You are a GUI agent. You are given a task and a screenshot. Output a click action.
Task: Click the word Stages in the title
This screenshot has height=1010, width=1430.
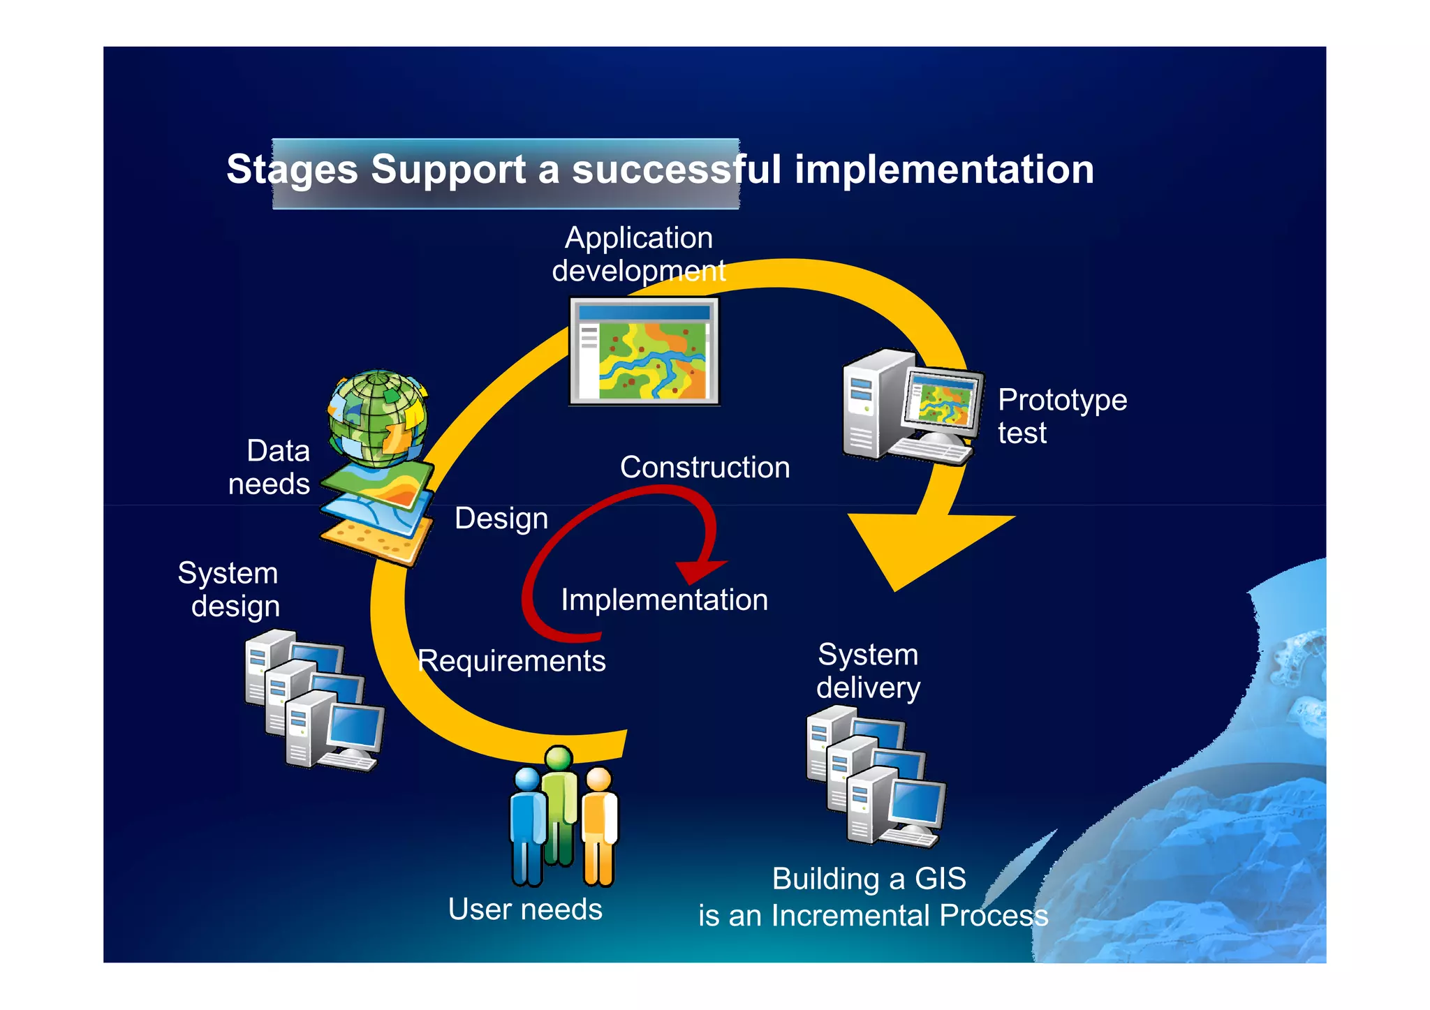coord(292,170)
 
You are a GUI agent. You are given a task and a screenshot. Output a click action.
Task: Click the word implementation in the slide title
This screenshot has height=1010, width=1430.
coord(944,170)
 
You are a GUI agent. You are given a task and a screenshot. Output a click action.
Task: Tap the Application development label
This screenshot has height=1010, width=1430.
coord(639,254)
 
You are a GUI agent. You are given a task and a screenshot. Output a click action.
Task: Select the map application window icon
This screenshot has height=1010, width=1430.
coord(644,351)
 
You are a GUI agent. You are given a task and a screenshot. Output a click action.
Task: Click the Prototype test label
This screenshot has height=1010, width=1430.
coord(1061,416)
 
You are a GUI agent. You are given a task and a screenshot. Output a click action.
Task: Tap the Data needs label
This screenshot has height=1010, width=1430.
coord(270,467)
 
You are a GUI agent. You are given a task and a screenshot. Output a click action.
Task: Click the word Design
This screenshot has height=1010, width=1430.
coord(501,519)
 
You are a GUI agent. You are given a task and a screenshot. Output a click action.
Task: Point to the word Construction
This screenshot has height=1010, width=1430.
coord(705,467)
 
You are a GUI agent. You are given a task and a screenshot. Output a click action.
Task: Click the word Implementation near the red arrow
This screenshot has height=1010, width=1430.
coord(664,600)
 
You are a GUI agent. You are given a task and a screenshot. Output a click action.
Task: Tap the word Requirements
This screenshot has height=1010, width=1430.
coord(511,661)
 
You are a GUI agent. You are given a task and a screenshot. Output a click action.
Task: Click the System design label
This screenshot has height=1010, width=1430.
coord(230,589)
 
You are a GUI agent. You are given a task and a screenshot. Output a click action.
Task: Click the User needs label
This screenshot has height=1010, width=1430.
coord(525,909)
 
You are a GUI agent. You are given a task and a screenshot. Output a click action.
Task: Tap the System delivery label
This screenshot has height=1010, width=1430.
coord(868,671)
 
